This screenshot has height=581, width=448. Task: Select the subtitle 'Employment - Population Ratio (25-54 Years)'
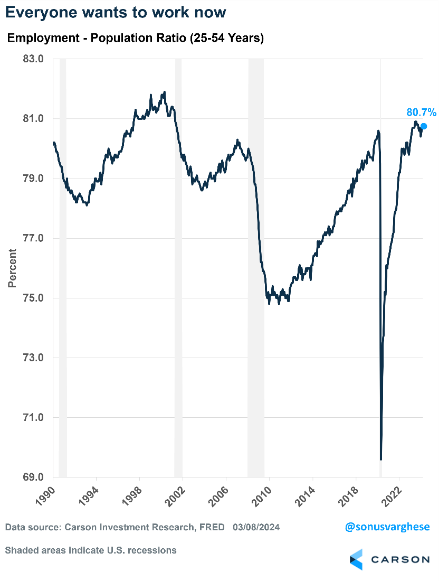coord(135,39)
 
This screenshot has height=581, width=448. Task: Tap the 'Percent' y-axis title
coord(12,268)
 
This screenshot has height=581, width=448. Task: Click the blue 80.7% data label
coord(421,112)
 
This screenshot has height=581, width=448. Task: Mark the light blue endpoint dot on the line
coord(423,126)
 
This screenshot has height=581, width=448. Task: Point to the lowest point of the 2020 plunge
coord(381,459)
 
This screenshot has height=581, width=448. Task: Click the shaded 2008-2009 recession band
coord(256,264)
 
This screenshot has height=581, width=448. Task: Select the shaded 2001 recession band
coord(178,264)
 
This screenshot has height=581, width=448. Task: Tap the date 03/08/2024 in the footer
coord(256,527)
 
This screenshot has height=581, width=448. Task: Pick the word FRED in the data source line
coord(212,527)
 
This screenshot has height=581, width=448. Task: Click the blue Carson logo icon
coord(357,559)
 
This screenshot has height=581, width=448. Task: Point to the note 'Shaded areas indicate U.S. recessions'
coord(91,550)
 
